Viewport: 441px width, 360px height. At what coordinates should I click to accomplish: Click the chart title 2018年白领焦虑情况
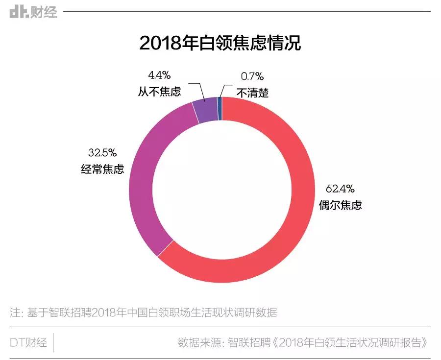[220, 43]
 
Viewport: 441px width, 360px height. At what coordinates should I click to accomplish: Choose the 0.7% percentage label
[252, 76]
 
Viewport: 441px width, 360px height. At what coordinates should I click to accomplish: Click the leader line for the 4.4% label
[200, 91]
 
